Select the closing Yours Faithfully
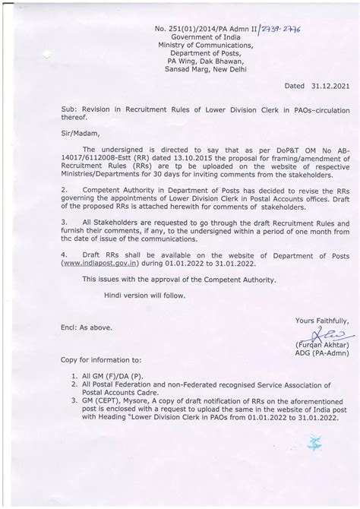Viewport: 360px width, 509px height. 322,321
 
